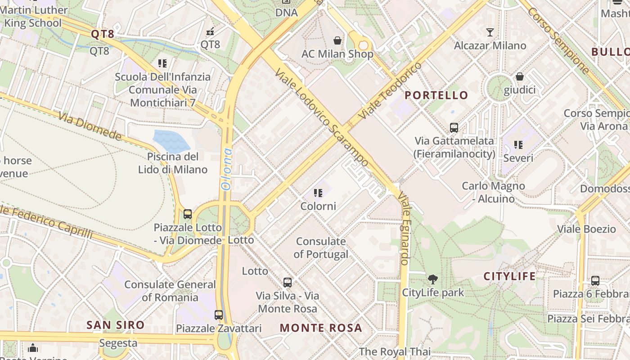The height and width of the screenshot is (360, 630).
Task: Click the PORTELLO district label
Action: [436, 95]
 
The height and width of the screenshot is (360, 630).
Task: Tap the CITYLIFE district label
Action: [510, 276]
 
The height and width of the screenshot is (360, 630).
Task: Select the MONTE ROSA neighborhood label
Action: [321, 328]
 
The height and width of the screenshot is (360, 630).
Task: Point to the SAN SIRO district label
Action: [116, 325]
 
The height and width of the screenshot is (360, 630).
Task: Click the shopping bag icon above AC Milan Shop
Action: [337, 40]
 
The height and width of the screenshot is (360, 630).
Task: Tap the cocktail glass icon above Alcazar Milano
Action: [490, 32]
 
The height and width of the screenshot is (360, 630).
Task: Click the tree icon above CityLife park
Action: [432, 279]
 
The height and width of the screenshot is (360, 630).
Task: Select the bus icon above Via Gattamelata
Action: [454, 128]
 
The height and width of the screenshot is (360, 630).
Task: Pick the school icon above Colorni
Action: [319, 193]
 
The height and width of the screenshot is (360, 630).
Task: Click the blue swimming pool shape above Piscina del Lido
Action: [171, 140]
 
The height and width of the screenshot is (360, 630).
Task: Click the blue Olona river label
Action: [226, 169]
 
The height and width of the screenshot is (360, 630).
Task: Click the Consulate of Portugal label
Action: [321, 247]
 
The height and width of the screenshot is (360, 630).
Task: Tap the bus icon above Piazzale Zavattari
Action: [219, 315]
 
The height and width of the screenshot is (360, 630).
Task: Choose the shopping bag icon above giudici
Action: [520, 77]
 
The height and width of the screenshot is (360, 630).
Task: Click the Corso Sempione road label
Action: [558, 40]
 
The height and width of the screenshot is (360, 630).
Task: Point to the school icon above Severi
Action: [518, 145]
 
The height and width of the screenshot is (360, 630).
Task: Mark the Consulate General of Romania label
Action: [170, 291]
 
